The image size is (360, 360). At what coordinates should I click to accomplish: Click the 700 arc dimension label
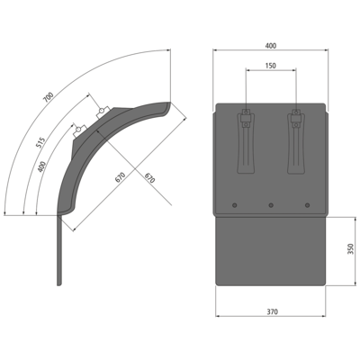pyautogui.click(x=49, y=97)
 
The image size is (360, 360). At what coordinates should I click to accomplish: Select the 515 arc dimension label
pyautogui.click(x=40, y=142)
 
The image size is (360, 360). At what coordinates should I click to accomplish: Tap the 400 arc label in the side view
pyautogui.click(x=42, y=166)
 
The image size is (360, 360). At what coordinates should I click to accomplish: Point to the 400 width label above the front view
pyautogui.click(x=271, y=46)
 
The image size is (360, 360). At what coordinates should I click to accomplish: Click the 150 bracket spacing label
pyautogui.click(x=271, y=66)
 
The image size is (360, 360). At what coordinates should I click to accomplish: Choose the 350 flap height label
pyautogui.click(x=350, y=249)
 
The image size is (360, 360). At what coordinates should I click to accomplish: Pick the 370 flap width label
pyautogui.click(x=273, y=311)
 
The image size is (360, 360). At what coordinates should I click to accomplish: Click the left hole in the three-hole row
pyautogui.click(x=235, y=205)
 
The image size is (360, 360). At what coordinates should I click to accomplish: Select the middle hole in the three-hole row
pyautogui.click(x=271, y=205)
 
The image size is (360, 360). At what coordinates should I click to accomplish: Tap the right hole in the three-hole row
pyautogui.click(x=307, y=205)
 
